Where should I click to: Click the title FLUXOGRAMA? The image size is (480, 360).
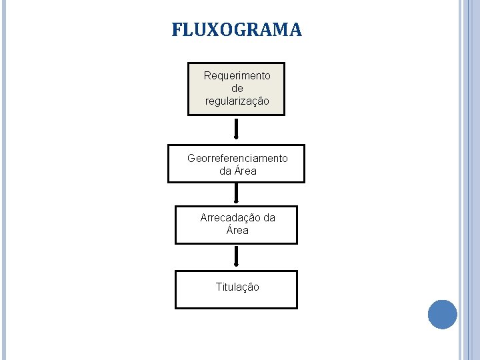coord(237,31)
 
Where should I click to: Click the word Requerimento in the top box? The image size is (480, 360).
coord(237,76)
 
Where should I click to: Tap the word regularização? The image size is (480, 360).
coord(237,101)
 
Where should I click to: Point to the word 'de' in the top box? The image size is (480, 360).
coord(237,89)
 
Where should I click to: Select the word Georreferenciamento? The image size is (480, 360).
coord(237,159)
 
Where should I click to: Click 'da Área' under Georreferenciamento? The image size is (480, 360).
coord(237,171)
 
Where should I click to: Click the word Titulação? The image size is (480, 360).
coord(237,287)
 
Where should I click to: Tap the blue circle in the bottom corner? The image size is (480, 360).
coord(442,314)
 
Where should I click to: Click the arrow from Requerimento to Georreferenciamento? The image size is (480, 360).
coord(236,129)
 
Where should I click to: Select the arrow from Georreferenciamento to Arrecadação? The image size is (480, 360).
coord(236,193)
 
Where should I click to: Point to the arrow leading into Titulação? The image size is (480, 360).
coord(236,257)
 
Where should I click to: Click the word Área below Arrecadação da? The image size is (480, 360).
coord(237,231)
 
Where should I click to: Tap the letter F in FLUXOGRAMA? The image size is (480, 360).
coord(177,31)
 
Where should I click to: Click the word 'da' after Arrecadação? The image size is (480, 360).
coord(269,218)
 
